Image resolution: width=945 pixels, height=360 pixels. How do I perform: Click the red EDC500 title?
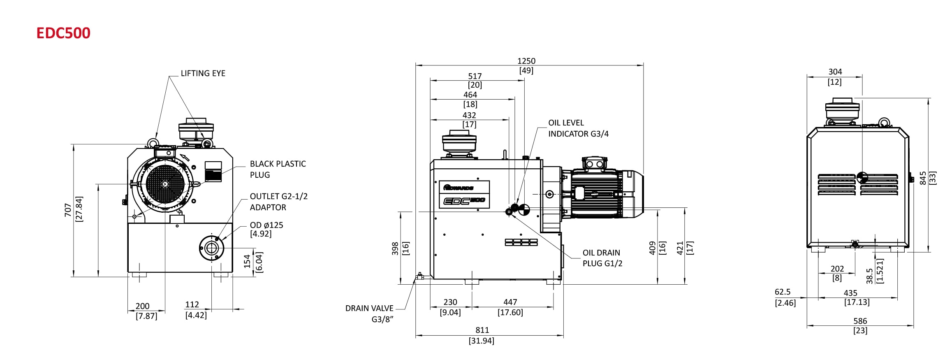coord(63,33)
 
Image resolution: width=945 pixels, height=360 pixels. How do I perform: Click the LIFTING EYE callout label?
coord(203,73)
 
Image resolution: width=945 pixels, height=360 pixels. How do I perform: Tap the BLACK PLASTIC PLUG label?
coord(278,169)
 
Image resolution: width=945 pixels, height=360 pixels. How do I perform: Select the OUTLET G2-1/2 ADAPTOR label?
coord(278,202)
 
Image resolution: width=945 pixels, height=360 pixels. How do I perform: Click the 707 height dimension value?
coord(68,210)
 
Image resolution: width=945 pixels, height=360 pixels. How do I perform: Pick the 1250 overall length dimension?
coord(526,61)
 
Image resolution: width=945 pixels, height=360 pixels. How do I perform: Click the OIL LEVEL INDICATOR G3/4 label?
coord(578,128)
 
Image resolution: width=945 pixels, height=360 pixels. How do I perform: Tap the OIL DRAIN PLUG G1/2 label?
coord(602,258)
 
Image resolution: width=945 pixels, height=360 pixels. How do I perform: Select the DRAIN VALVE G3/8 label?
coord(369,314)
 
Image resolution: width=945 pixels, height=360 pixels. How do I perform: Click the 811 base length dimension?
coord(482,330)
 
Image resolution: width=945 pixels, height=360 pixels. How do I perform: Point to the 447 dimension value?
coord(510,302)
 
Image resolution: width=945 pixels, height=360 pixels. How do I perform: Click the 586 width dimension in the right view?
coord(860,321)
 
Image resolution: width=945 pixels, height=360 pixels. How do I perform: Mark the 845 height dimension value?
coord(923,178)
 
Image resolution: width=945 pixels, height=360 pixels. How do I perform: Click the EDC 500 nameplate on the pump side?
coord(464,201)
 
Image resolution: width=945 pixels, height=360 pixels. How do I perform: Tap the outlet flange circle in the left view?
coord(211,248)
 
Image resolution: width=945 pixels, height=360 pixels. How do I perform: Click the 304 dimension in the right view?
coord(835,72)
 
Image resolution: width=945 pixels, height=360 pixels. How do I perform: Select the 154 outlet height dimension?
coord(247,261)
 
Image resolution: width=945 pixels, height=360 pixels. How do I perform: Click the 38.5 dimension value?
coord(869,276)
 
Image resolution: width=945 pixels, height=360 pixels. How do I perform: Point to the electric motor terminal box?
coord(594,164)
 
